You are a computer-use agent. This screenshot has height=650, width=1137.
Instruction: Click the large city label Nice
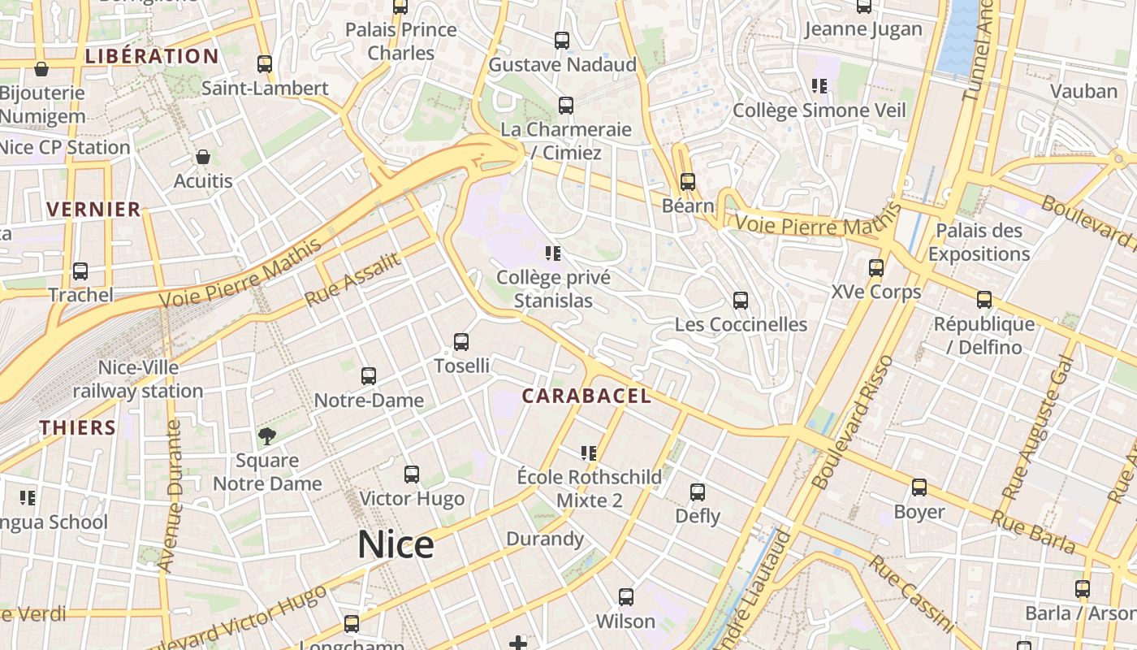pos(396,544)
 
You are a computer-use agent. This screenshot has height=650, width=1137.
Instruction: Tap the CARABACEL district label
pos(586,396)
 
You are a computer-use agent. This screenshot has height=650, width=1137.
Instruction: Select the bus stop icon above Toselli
pos(461,342)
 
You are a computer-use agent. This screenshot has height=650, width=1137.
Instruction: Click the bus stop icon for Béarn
pos(688,182)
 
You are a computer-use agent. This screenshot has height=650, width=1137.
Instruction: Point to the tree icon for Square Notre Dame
pos(266,436)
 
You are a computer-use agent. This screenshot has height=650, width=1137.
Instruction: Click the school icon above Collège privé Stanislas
pos(554,253)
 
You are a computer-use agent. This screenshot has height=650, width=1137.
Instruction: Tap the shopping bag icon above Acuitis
pos(203,157)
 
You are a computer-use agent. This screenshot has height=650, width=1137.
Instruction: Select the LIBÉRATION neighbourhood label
pos(152,57)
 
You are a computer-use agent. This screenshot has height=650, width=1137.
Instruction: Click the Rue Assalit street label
pos(353,280)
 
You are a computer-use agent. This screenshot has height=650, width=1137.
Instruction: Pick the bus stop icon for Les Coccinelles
pos(741,301)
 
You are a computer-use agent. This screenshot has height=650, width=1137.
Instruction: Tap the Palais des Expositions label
pos(979,242)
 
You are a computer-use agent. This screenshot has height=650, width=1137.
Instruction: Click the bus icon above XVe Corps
pos(876,267)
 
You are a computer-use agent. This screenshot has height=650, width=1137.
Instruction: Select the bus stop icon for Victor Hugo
pos(412,474)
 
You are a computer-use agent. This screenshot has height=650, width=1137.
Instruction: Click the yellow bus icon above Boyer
pos(919,487)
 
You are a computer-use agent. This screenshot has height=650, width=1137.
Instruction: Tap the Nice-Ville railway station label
pos(138,379)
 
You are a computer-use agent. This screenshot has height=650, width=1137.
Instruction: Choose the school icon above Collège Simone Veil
pos(819,86)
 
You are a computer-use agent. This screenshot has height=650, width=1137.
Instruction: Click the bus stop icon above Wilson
pos(626,597)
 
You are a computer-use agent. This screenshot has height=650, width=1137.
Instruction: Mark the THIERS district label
pos(78,428)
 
